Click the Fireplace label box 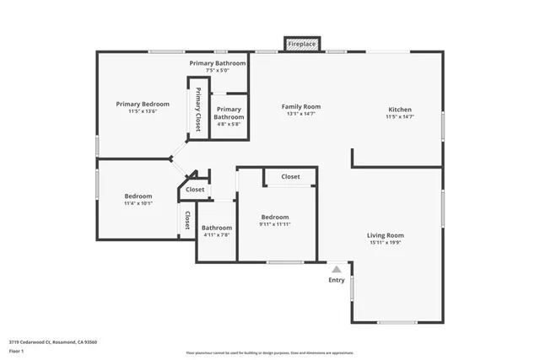(x=301, y=44)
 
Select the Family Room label (x=300, y=107)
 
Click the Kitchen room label (x=399, y=110)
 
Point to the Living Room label (x=385, y=235)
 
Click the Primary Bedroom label (x=143, y=104)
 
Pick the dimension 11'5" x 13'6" (x=143, y=111)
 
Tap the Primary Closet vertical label (x=198, y=110)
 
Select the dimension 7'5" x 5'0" (x=218, y=71)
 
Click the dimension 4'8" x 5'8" (x=229, y=124)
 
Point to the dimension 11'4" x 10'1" (x=138, y=203)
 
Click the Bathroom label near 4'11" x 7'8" (x=216, y=227)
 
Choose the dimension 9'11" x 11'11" (x=274, y=224)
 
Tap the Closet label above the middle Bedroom (x=290, y=177)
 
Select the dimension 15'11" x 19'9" (x=385, y=243)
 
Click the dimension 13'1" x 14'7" (x=300, y=115)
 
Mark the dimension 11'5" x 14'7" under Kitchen (x=399, y=117)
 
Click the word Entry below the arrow (x=336, y=280)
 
